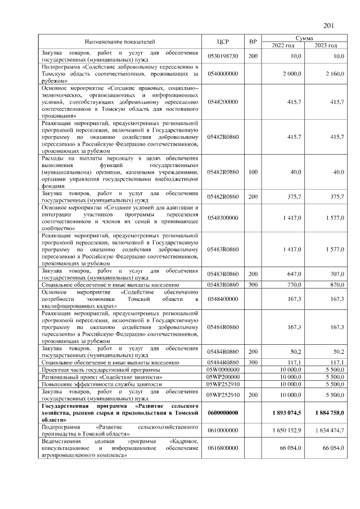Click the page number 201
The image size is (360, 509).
tap(329, 25)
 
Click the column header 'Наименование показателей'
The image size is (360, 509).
tap(119, 42)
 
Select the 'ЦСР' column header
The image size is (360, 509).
tap(223, 42)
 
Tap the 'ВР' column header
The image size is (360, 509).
tap(253, 42)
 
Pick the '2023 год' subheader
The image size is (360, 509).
tap(326, 46)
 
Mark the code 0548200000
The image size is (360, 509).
tap(223, 102)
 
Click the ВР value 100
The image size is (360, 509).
tap(253, 172)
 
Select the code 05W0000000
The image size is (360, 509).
tap(223, 370)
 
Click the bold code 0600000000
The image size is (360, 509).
tap(223, 413)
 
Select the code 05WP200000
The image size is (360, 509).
tap(223, 377)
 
